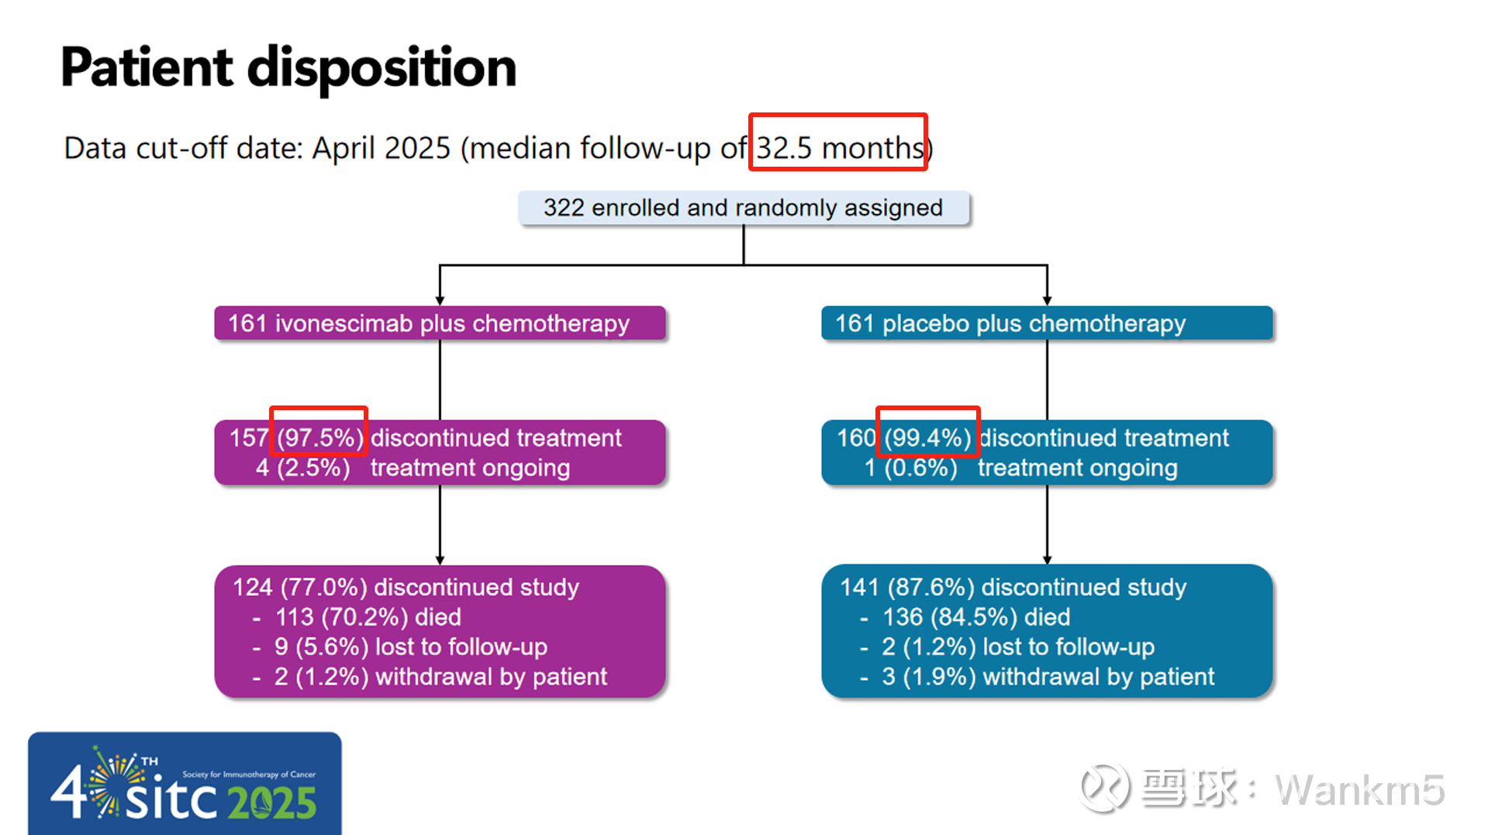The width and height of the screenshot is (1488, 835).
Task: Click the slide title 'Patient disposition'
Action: pyautogui.click(x=288, y=68)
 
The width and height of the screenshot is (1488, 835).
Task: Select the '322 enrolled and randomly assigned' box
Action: pyautogui.click(x=744, y=208)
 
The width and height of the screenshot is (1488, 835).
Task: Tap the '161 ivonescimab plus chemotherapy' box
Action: pyautogui.click(x=440, y=323)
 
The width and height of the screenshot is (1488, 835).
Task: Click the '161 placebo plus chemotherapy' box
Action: pyautogui.click(x=1047, y=323)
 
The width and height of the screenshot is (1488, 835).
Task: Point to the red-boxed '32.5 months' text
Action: pyautogui.click(x=840, y=147)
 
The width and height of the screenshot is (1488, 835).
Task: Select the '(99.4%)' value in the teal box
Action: pyautogui.click(x=928, y=438)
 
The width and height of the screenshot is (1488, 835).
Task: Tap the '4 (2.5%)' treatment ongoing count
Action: pyautogui.click(x=303, y=468)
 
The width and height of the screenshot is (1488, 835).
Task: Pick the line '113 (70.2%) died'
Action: pyautogui.click(x=368, y=617)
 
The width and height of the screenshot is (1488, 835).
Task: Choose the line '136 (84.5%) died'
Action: pyautogui.click(x=976, y=617)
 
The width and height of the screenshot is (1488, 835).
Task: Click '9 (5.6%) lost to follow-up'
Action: pyautogui.click(x=411, y=647)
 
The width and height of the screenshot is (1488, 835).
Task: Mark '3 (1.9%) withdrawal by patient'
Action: pyautogui.click(x=1048, y=677)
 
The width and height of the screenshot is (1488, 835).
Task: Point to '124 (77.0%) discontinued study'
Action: pyautogui.click(x=406, y=588)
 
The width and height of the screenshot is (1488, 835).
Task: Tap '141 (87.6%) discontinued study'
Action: pyautogui.click(x=1013, y=588)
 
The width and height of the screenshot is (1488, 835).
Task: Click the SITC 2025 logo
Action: pyautogui.click(x=185, y=784)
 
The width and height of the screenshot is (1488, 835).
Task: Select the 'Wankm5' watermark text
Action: pyautogui.click(x=1360, y=790)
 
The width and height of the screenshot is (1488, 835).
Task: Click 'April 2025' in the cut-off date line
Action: pyautogui.click(x=381, y=147)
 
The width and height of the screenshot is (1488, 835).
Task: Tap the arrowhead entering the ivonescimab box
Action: pyautogui.click(x=440, y=301)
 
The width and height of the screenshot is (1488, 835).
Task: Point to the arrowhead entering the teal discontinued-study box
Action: pyautogui.click(x=1047, y=560)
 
